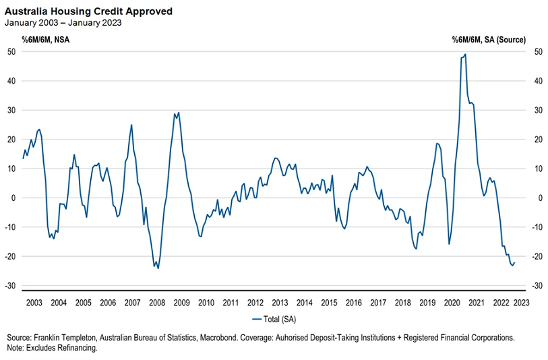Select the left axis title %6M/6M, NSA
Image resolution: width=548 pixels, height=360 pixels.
(x=45, y=40)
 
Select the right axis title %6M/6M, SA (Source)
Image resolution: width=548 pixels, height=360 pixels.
(x=489, y=40)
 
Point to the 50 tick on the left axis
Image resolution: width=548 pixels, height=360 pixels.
(x=12, y=52)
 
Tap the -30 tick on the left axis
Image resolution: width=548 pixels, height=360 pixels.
(x=11, y=285)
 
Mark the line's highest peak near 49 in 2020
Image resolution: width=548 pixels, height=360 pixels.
(x=466, y=55)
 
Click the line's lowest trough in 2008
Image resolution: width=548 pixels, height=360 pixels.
(x=158, y=268)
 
